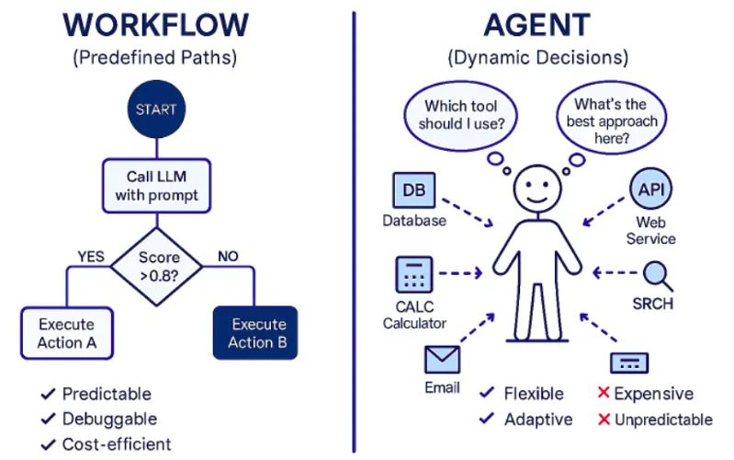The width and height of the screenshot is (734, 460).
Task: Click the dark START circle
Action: point(156,109)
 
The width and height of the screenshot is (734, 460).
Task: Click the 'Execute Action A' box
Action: point(66,333)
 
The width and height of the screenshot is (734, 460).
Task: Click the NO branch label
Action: point(228,256)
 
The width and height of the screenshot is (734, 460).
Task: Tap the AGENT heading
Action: point(537,26)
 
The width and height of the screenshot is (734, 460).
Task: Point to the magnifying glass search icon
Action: point(656,274)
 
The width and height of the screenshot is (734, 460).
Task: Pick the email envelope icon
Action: point(442,359)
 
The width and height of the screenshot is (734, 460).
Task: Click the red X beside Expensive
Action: point(603,394)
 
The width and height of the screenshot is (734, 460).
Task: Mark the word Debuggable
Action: point(109,419)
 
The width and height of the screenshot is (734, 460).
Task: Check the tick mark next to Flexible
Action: point(487,394)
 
